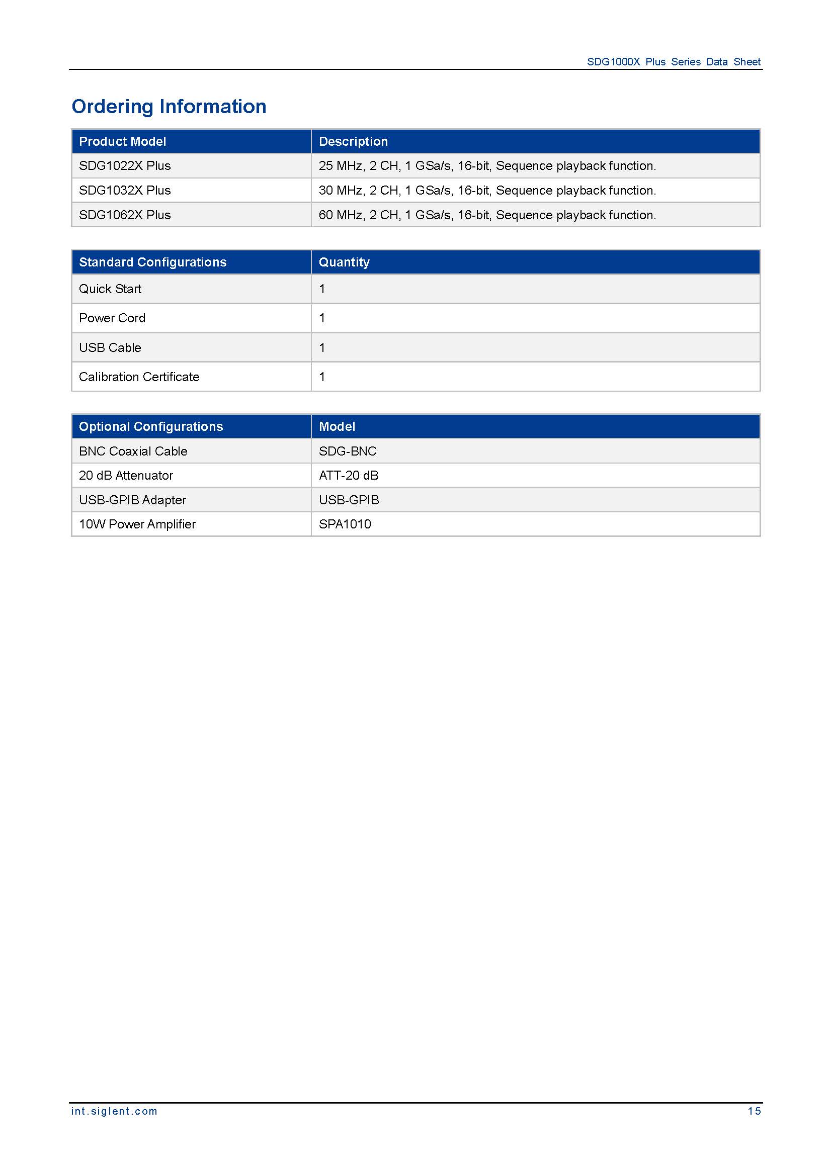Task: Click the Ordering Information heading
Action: pos(169,107)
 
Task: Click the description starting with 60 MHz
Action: pos(487,215)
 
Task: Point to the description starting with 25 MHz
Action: pos(487,166)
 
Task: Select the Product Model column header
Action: pos(122,141)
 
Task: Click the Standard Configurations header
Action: pos(153,262)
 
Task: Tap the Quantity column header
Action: pos(344,262)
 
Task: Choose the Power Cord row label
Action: pos(112,318)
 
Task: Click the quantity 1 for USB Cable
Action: pos(322,348)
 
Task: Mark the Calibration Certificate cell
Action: pos(139,377)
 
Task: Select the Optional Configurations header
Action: pos(150,427)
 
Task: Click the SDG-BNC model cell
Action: pos(348,451)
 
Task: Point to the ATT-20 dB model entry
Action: pos(349,476)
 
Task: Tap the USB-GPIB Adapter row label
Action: pos(132,500)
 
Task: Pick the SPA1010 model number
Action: pos(345,524)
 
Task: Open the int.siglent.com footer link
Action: pos(114,1111)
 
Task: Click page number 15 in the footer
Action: pos(754,1111)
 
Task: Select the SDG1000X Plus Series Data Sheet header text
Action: pos(673,62)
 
